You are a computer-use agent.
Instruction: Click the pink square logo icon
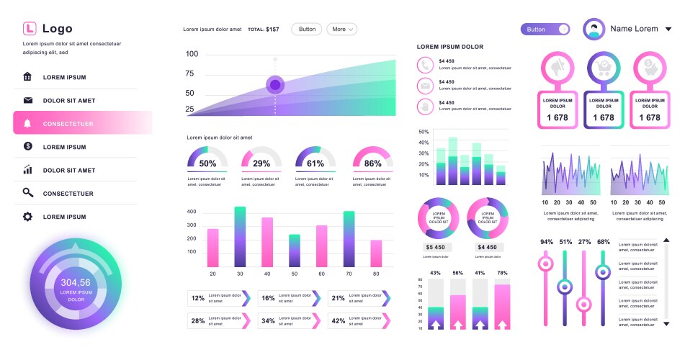coord(29,29)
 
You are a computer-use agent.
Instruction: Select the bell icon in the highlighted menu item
coord(28,123)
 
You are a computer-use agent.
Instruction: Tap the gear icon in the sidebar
coord(28,217)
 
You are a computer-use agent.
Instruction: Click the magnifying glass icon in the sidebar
coord(28,193)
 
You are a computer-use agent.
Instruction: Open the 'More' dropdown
coord(342,30)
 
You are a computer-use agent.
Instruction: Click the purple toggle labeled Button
coord(545,30)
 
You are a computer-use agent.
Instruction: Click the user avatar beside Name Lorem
coord(594,29)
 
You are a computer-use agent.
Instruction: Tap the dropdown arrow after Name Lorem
coord(668,30)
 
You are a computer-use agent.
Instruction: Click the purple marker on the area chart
coord(274,85)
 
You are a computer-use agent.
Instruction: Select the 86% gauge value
coord(373,163)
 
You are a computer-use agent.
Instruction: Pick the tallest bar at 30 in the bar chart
coord(240,237)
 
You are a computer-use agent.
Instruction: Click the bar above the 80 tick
coord(376,253)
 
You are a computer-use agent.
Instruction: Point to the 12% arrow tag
coord(218,298)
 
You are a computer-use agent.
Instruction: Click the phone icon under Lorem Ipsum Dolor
coord(426,64)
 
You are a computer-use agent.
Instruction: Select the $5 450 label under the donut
coord(434,247)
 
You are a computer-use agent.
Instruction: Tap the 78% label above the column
coord(502,273)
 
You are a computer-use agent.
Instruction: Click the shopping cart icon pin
coord(603,67)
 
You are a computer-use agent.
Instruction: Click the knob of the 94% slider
coord(546,264)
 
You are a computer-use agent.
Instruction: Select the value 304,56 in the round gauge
coord(76,283)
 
